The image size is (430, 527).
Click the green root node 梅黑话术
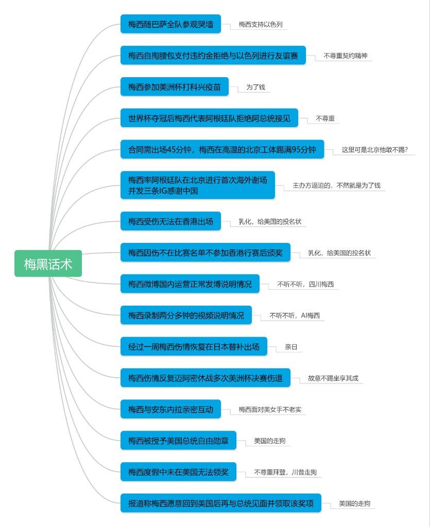tap(48, 263)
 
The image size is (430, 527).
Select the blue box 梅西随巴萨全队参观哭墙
tap(170, 24)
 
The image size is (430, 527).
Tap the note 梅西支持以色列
tap(261, 24)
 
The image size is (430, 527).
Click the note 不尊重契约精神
tap(345, 56)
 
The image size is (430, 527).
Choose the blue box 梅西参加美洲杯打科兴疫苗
tap(175, 86)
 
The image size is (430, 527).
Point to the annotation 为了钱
tap(255, 87)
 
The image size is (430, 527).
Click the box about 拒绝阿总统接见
tap(209, 118)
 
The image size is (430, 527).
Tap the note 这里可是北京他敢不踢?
tap(374, 150)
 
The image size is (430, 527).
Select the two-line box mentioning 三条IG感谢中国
tap(198, 185)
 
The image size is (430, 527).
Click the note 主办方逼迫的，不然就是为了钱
tap(336, 185)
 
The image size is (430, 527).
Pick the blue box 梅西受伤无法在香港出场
tap(170, 221)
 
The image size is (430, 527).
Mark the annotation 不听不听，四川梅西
tap(305, 284)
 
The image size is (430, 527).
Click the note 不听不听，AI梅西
tap(295, 315)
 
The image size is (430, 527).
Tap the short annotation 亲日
tap(291, 346)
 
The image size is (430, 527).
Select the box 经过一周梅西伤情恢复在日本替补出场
tap(194, 346)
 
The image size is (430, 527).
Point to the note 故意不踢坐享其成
tap(333, 378)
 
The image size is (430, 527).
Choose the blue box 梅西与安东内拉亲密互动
tap(170, 409)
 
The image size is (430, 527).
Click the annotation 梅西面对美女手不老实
tap(270, 409)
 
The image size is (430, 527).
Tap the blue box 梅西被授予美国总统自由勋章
tap(178, 441)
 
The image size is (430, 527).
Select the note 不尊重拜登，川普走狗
tap(285, 472)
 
